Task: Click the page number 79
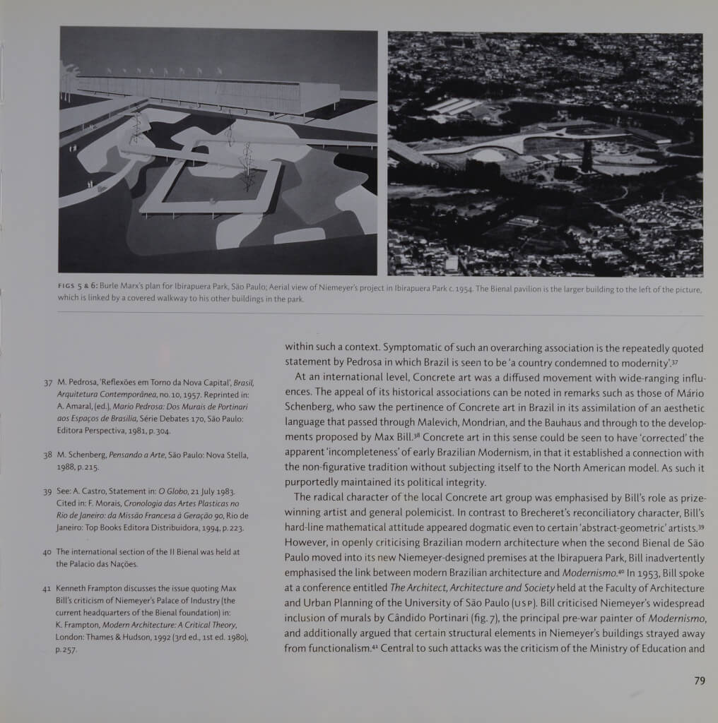[700, 681]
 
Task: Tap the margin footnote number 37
[48, 383]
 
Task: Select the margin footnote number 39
[48, 491]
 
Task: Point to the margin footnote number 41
[48, 589]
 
